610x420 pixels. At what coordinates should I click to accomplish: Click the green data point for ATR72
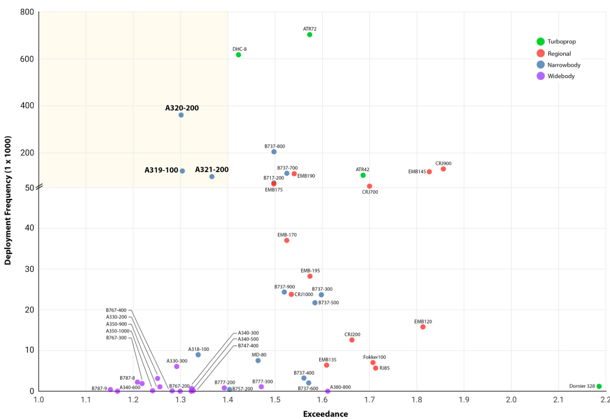point(310,35)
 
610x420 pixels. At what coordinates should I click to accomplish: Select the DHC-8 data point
point(238,55)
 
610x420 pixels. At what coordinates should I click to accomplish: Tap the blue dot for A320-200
point(181,115)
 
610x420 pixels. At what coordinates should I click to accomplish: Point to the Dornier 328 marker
point(599,386)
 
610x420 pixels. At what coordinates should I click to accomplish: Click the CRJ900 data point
point(443,169)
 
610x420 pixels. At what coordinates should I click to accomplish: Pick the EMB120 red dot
point(423,327)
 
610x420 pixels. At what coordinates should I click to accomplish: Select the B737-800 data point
point(274,152)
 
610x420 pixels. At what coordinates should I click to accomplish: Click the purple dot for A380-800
point(328,391)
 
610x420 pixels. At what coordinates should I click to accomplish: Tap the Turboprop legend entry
point(556,42)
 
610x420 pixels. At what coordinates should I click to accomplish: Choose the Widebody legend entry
point(556,76)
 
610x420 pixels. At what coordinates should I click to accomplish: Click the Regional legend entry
point(554,54)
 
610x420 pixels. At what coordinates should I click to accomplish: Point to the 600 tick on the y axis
point(27,59)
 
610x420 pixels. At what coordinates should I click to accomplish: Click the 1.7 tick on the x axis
point(370,399)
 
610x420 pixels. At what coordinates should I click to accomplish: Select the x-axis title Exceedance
point(325,414)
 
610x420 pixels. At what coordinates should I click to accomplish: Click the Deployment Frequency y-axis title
point(8,200)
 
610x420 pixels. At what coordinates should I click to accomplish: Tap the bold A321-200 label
point(212,169)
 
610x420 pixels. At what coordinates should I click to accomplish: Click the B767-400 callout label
point(116,310)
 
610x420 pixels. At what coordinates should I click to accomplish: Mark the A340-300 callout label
point(248,333)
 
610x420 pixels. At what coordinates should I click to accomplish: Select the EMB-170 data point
point(287,241)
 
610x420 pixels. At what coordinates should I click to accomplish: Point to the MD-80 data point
point(258,361)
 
